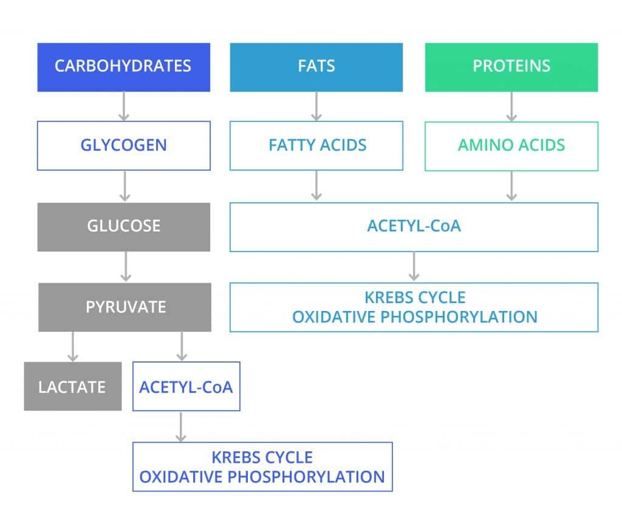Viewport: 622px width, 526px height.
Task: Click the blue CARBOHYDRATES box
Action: pyautogui.click(x=123, y=67)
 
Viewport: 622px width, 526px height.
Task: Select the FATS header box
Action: pyautogui.click(x=316, y=67)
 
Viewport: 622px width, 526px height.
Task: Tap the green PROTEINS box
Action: pyautogui.click(x=511, y=67)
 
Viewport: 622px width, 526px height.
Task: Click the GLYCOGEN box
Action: pyautogui.click(x=123, y=146)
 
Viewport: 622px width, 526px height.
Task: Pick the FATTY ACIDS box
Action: pyautogui.click(x=316, y=146)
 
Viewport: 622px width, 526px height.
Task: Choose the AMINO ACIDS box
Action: pyautogui.click(x=511, y=146)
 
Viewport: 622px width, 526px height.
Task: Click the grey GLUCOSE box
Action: pyautogui.click(x=123, y=227)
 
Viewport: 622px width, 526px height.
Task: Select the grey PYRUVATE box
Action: pyautogui.click(x=125, y=307)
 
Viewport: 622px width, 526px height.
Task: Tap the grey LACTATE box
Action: pyautogui.click(x=72, y=386)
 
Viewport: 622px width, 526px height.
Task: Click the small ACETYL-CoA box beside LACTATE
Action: pyautogui.click(x=186, y=386)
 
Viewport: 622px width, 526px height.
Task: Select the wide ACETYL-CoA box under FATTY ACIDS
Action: pyautogui.click(x=414, y=227)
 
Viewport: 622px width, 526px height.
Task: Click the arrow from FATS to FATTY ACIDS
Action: pyautogui.click(x=316, y=106)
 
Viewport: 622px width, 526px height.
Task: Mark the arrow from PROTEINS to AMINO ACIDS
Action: pyautogui.click(x=511, y=106)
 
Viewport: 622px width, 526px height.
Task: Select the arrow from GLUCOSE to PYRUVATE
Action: pyautogui.click(x=125, y=267)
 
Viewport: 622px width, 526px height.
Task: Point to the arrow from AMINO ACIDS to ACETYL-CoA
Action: pyautogui.click(x=511, y=186)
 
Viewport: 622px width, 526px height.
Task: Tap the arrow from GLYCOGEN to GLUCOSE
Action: pyautogui.click(x=125, y=186)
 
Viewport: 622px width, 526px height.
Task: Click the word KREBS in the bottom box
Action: pyautogui.click(x=237, y=457)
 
